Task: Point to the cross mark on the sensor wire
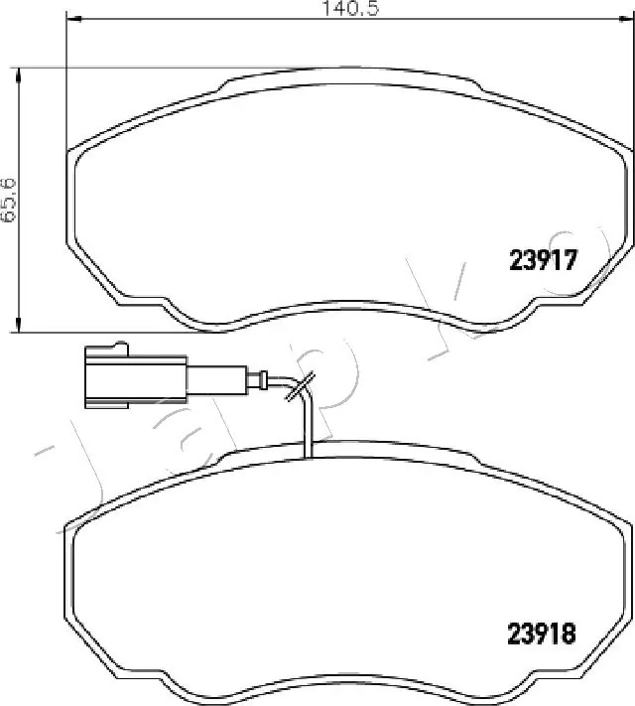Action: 300,388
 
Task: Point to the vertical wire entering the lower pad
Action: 309,427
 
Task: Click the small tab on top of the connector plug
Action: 121,347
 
